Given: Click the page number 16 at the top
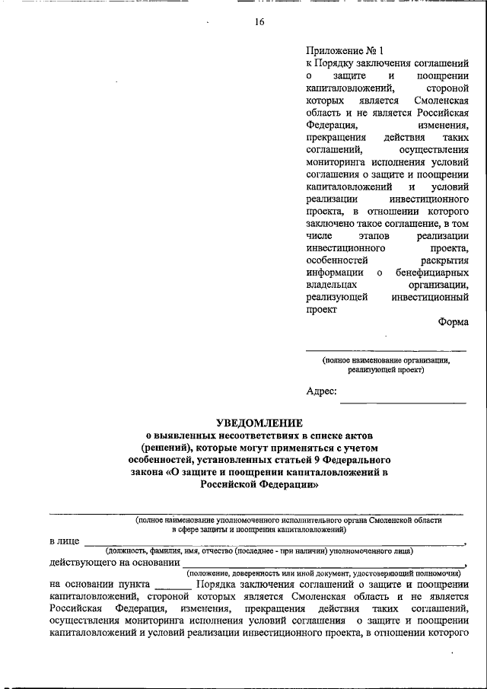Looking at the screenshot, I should tap(259, 22).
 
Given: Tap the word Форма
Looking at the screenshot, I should tap(453, 322).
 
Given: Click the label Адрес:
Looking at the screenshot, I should tap(321, 391).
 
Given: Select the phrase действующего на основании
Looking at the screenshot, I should tap(108, 563).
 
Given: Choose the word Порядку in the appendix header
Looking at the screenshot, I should tap(336, 64).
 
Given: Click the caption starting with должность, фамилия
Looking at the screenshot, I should tap(259, 550).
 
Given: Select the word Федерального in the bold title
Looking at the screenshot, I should tap(364, 461).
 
